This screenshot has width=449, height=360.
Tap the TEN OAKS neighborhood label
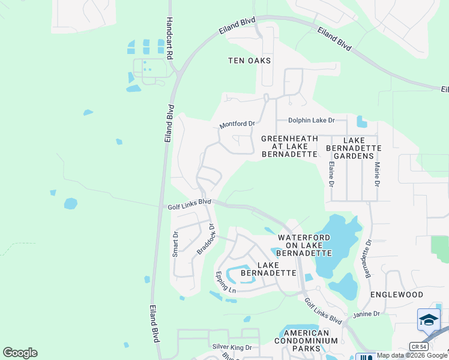tap(250, 61)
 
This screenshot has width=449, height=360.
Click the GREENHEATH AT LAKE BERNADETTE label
tap(289, 146)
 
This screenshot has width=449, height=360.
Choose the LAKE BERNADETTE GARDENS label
tap(354, 147)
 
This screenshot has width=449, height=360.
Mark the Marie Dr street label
tap(378, 172)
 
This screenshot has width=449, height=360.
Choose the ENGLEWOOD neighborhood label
tap(397, 295)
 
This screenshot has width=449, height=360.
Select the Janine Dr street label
tap(366, 314)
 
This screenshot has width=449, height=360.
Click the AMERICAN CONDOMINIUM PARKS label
tap(306, 341)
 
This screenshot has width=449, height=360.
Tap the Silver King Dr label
tap(232, 347)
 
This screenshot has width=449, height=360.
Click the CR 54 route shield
tap(418, 346)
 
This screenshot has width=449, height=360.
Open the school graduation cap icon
tap(429, 320)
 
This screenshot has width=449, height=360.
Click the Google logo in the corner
tap(20, 353)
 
